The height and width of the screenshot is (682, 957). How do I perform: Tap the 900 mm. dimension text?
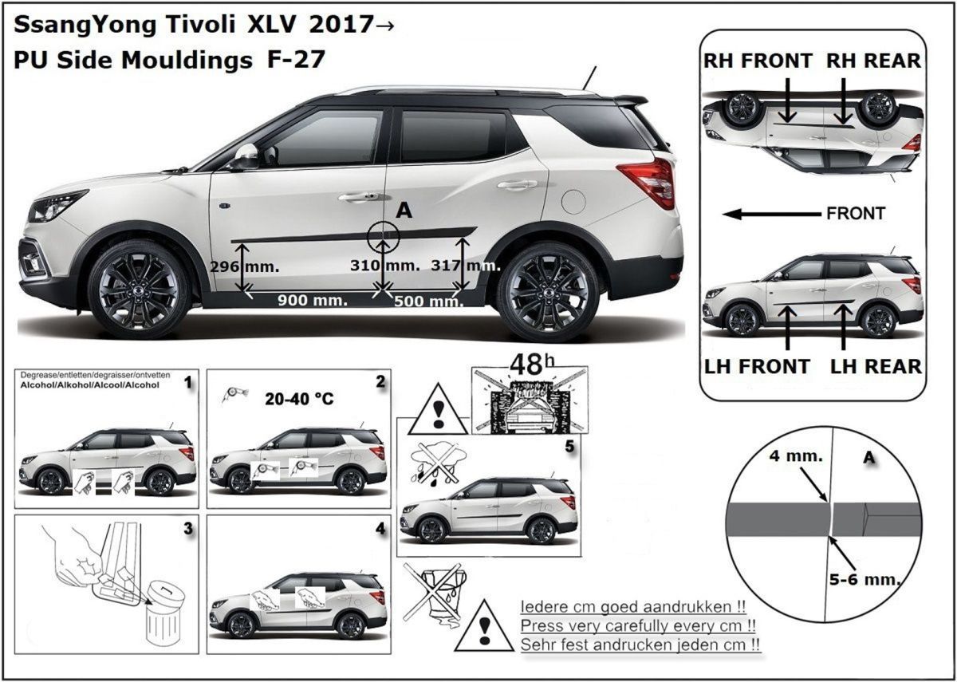(312, 301)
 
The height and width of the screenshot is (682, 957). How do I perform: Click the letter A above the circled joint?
(404, 210)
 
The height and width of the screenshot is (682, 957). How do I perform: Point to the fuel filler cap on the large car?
(573, 200)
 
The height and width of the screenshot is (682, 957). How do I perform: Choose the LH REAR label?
(874, 366)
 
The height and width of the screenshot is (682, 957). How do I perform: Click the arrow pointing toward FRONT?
(770, 214)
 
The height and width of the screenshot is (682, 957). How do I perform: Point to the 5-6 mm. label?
(872, 576)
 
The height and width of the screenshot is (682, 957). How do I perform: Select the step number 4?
(380, 529)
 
